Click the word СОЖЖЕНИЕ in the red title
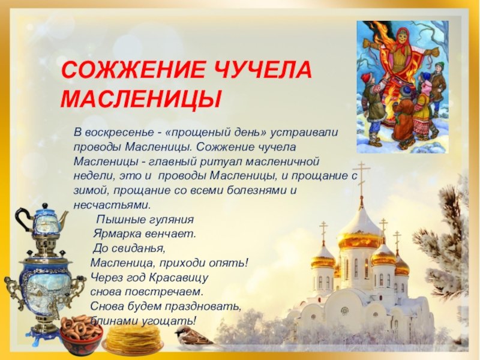click(x=133, y=70)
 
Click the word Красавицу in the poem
click(x=178, y=278)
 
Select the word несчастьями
click(x=112, y=205)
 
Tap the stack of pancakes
click(x=133, y=339)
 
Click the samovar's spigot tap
click(x=56, y=311)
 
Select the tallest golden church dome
click(x=360, y=231)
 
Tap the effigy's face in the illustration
click(x=403, y=39)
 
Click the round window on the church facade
click(x=344, y=311)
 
